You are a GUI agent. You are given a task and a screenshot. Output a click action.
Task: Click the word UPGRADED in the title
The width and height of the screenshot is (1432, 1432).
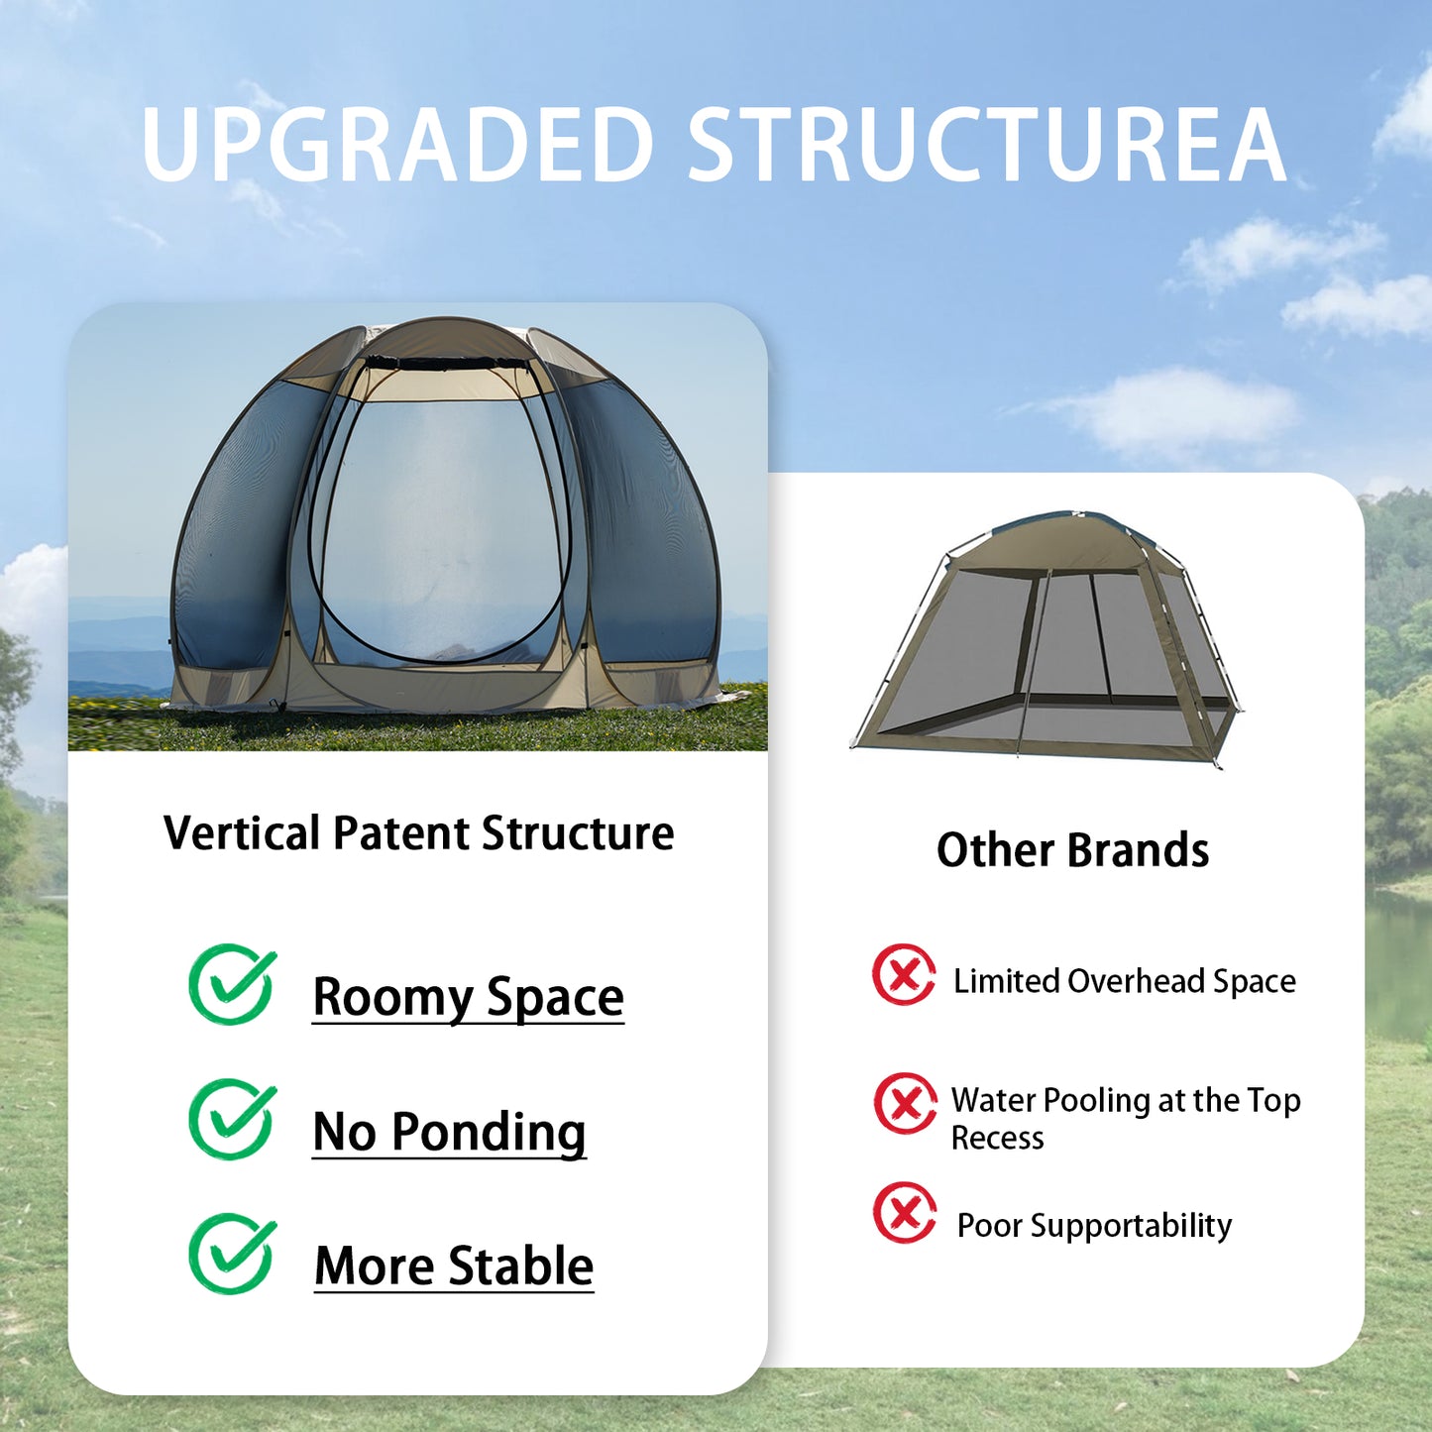(x=396, y=145)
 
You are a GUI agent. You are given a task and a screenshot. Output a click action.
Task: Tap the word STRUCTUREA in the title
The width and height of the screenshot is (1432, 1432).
(x=986, y=145)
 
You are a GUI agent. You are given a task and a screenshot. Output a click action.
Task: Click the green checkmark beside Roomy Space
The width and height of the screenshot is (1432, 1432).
(x=232, y=984)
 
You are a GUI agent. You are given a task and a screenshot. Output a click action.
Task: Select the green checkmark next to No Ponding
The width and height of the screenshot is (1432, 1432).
(x=232, y=1119)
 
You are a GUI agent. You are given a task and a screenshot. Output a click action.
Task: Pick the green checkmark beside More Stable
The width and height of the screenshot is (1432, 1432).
(x=232, y=1254)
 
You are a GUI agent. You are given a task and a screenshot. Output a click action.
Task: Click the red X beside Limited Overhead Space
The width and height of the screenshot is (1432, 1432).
(x=904, y=974)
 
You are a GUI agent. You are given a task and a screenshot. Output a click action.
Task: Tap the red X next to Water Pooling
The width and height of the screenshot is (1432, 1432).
(x=905, y=1103)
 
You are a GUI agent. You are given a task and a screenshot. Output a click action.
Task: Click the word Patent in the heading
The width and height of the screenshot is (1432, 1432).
(x=403, y=832)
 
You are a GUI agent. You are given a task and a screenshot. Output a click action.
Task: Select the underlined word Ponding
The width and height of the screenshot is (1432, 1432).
(x=489, y=1132)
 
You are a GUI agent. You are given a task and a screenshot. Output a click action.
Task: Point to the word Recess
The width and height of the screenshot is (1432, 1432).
(x=997, y=1138)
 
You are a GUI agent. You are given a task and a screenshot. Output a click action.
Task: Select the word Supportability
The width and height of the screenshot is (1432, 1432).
(x=1131, y=1226)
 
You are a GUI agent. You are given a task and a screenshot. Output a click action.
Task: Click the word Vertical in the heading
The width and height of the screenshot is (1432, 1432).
(x=241, y=832)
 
